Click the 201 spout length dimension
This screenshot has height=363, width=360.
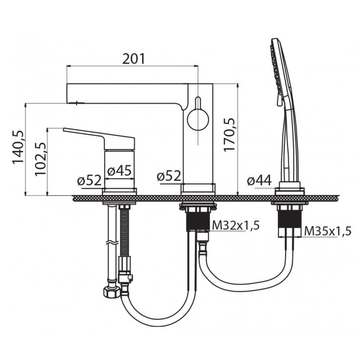(x=133, y=59)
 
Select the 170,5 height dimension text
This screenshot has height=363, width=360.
(x=229, y=135)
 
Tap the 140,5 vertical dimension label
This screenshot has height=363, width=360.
(x=18, y=147)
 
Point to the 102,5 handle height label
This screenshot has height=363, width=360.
(x=40, y=159)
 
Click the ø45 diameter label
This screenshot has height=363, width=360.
(x=119, y=171)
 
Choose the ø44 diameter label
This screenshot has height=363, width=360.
(x=259, y=180)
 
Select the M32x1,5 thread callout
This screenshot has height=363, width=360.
(x=236, y=225)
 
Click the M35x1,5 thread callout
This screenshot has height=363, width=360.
(x=328, y=231)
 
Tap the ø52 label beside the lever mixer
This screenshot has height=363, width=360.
(x=89, y=180)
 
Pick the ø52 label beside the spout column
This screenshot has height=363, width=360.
(x=169, y=176)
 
